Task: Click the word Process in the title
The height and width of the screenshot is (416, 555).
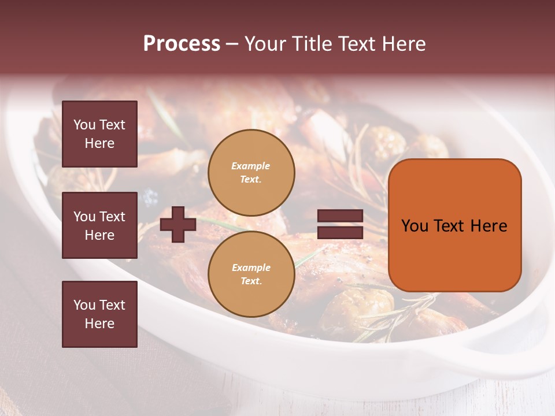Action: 182,44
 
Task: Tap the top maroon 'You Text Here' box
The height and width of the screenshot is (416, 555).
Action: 99,134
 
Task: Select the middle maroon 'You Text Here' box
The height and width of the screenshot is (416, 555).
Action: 99,225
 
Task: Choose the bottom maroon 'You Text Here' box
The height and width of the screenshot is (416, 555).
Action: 99,314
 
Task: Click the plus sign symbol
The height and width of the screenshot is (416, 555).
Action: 178,224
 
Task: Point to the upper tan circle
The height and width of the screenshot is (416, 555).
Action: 251,173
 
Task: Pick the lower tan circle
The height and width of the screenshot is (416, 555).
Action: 251,274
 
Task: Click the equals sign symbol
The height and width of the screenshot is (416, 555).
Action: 340,224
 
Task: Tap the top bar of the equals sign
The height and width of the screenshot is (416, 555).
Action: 340,216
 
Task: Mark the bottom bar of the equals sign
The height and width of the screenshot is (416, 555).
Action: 340,232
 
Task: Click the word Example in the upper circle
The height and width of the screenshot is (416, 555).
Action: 251,166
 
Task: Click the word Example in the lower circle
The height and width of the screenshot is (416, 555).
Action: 251,268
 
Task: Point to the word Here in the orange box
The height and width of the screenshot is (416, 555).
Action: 489,226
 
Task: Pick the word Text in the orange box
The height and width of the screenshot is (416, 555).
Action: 449,226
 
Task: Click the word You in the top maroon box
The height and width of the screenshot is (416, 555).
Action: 84,125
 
